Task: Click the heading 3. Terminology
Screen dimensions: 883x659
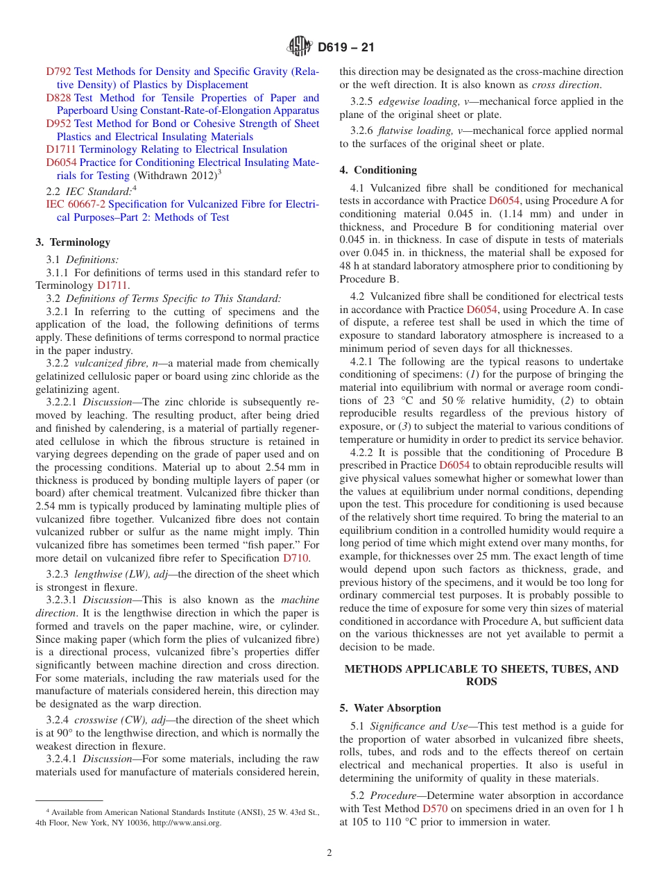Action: [x=73, y=242]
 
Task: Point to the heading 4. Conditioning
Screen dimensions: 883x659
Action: [x=378, y=170]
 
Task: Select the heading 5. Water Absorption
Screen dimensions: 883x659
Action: [x=390, y=708]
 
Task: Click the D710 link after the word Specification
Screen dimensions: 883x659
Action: [x=296, y=557]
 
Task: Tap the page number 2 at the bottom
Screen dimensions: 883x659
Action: [x=329, y=853]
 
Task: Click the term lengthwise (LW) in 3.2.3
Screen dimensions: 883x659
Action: [x=112, y=574]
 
